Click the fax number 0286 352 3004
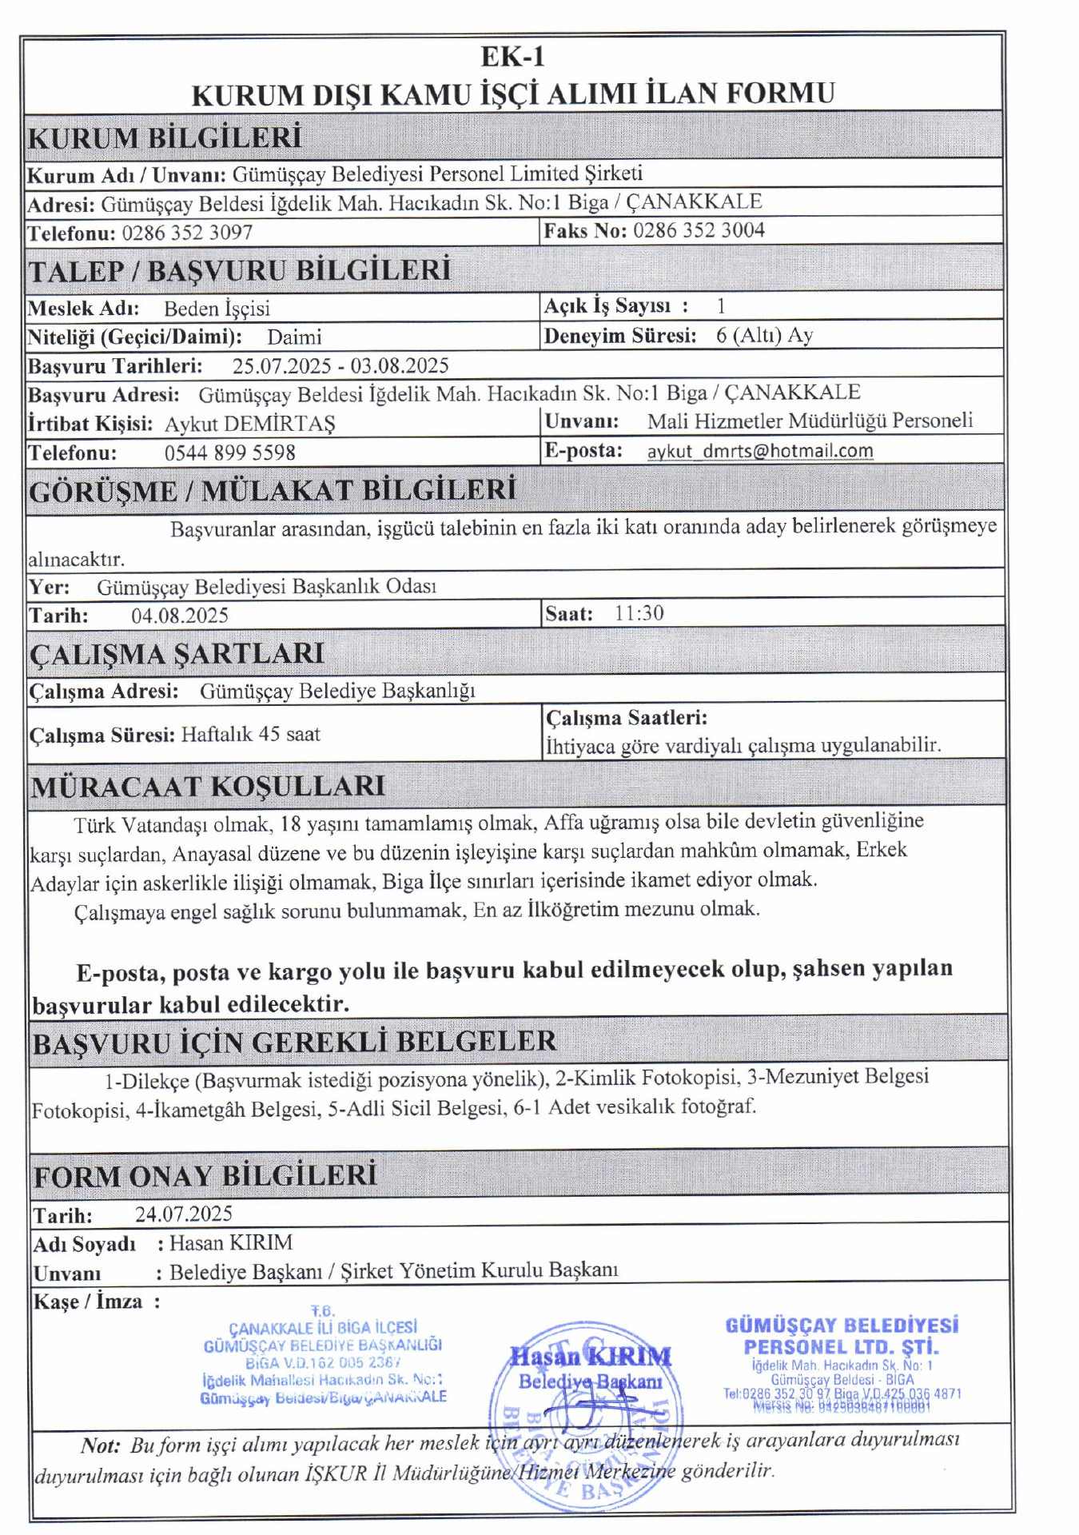coord(699,231)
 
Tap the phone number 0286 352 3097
coord(187,233)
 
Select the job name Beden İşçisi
coord(217,309)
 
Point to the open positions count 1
coord(721,306)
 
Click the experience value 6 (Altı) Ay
coord(764,336)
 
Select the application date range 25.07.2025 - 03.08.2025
coord(340,366)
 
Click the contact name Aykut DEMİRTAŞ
coord(249,424)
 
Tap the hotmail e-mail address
coord(759,451)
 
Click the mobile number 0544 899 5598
coord(229,453)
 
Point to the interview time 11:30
coord(639,614)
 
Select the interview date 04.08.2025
coord(180,616)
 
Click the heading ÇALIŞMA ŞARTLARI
coord(177,654)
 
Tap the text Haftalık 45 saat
coord(250,735)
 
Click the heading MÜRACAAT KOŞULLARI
coord(208,787)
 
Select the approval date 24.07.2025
coord(184,1214)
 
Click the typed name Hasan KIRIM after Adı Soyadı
coord(231,1243)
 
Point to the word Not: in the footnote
coord(101,1445)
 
